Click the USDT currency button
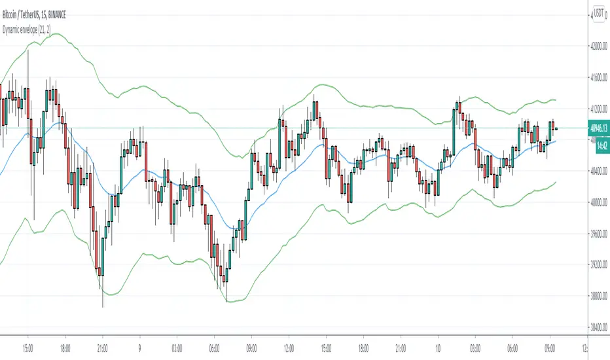point(597,13)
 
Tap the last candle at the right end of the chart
point(555,128)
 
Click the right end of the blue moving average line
point(556,141)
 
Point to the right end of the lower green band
point(556,182)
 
